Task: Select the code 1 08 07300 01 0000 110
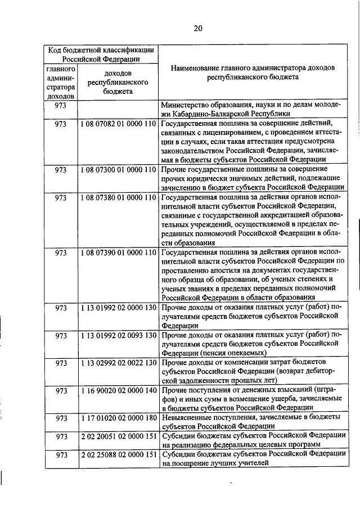click(118, 169)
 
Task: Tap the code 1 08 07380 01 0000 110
click(118, 197)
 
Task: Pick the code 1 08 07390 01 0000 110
click(118, 253)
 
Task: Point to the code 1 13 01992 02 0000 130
click(118, 308)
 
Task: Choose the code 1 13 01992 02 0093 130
click(118, 335)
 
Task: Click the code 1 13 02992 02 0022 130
click(118, 363)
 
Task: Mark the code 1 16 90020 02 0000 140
click(118, 390)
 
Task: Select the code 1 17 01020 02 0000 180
click(118, 417)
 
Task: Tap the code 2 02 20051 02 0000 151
click(118, 436)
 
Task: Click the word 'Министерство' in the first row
click(184, 105)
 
